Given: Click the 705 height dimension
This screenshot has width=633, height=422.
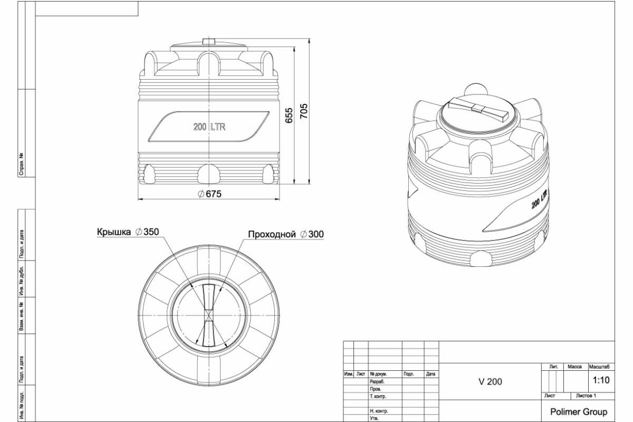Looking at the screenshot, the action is pos(304,111).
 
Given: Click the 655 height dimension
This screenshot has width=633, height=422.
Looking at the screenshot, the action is pos(289,116).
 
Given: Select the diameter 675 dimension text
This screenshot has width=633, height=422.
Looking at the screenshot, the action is pos(210,194).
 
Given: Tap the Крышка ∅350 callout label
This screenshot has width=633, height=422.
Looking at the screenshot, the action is pos(127,232).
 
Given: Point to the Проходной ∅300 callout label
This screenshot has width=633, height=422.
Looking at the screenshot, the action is pos(286,234).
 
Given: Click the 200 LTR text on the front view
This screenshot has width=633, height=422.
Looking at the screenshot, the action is pos(209,127).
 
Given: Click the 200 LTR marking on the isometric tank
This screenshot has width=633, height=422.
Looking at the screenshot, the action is pos(539,199).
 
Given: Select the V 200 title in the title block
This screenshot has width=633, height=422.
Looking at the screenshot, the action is pos(490,382).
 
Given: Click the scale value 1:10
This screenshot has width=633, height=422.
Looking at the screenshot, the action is pos(601,380).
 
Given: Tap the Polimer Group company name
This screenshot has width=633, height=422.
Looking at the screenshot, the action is pos(578,411).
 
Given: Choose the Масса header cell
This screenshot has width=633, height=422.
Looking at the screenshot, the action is pos(574,366).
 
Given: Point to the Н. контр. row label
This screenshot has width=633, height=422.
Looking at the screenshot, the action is pos(379,411).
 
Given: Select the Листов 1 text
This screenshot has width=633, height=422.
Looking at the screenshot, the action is pos(586,396).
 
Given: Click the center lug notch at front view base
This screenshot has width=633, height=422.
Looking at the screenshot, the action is pos(209,174).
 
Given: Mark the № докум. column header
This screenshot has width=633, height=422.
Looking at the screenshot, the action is pos(379,374).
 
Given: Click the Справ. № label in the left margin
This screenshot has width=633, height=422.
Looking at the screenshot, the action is pos(22,164).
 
